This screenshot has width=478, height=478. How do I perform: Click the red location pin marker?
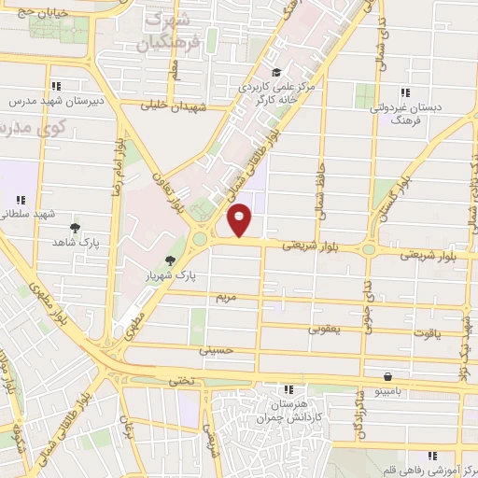[241, 219]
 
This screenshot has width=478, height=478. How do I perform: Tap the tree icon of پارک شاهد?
[75, 227]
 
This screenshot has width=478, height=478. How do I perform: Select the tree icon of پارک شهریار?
[170, 260]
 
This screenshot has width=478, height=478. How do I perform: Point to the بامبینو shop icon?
[387, 377]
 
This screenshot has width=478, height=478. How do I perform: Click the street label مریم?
[229, 297]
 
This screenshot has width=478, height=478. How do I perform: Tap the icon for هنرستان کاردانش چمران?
[288, 388]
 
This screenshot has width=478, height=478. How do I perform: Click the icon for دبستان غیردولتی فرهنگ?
[404, 92]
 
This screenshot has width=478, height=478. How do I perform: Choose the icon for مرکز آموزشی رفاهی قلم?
[432, 455]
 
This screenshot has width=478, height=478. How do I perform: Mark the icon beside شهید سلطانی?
[21, 200]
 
